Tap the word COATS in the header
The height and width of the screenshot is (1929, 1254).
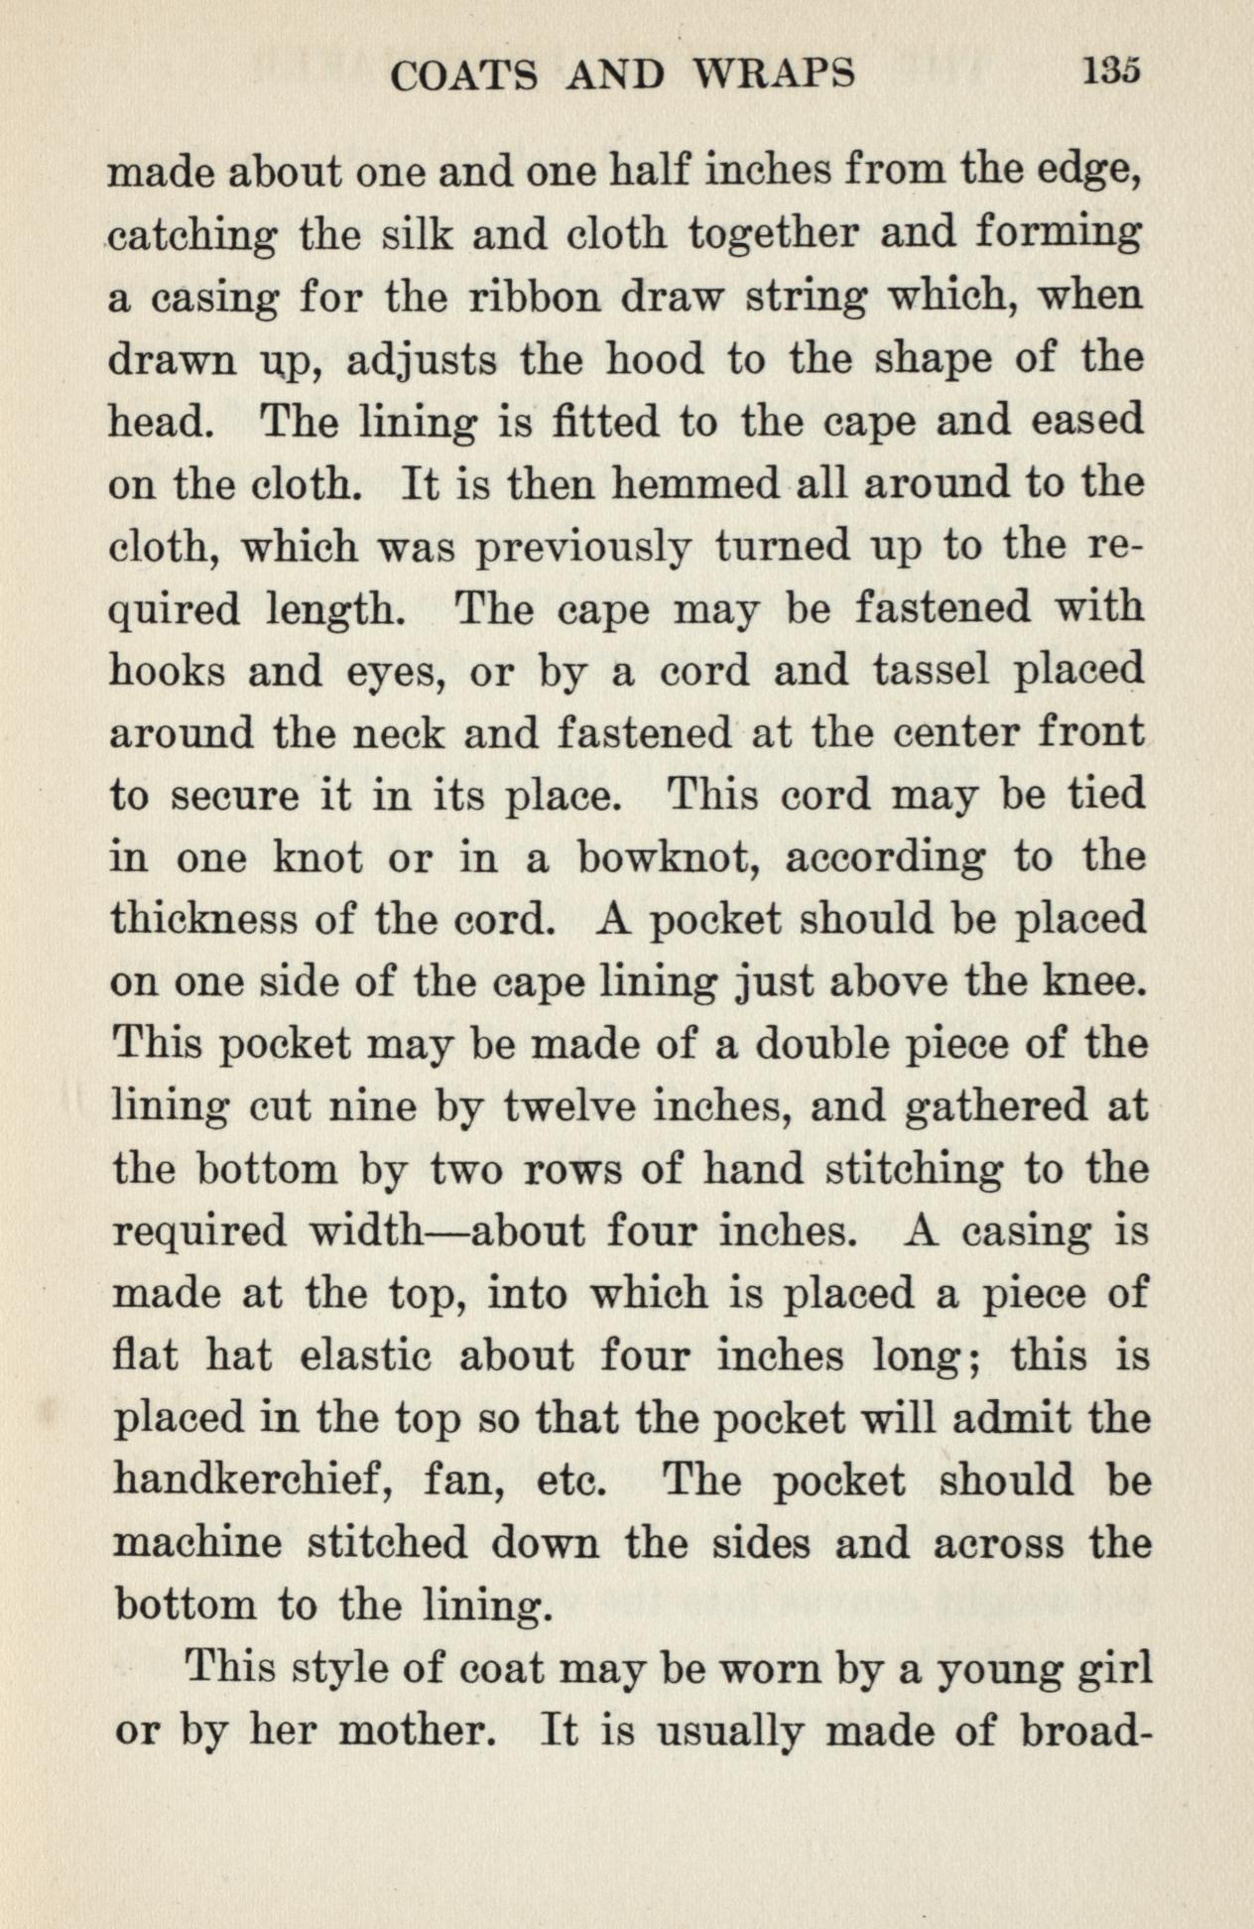tap(464, 75)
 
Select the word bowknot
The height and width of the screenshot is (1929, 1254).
tap(669, 857)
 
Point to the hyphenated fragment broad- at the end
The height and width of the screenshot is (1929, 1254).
tap(1084, 1732)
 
